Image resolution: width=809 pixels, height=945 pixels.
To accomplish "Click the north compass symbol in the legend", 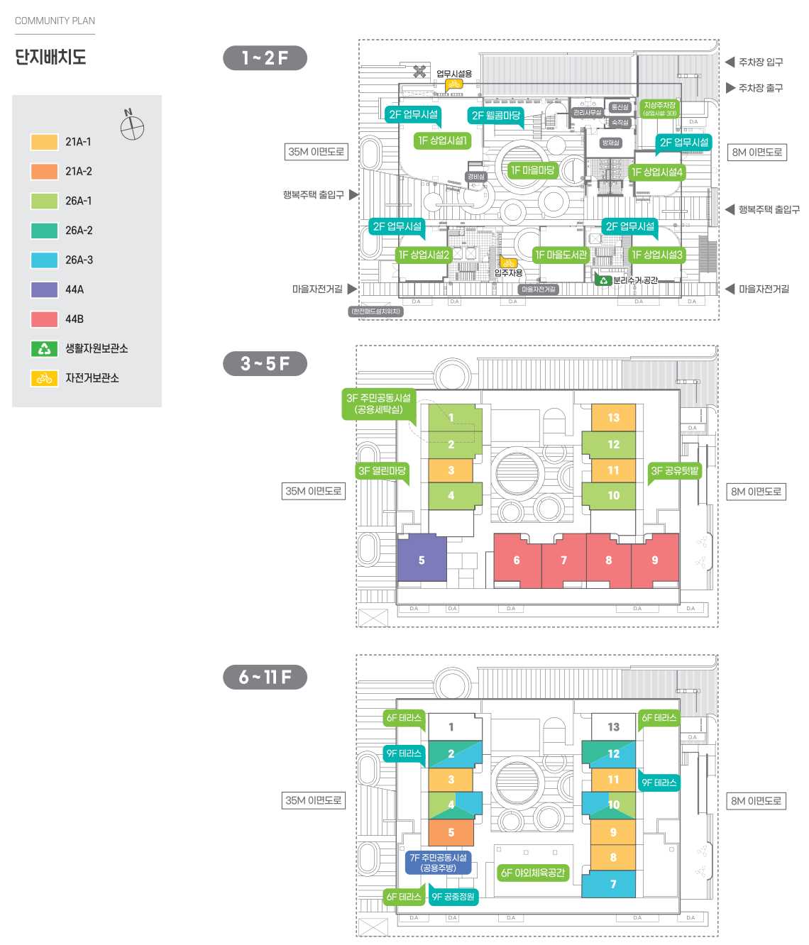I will click(132, 127).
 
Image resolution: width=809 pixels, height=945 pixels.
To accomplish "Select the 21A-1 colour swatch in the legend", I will click(44, 142).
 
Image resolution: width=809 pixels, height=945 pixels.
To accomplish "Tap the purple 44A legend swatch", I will click(44, 289).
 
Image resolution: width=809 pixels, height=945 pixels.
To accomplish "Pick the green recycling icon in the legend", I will click(44, 348).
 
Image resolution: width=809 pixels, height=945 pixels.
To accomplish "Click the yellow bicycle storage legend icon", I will click(44, 378).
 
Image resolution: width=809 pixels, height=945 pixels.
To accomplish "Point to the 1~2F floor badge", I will click(265, 58).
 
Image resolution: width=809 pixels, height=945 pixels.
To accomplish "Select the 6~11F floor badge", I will click(265, 678).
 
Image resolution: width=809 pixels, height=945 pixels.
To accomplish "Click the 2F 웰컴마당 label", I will click(496, 115).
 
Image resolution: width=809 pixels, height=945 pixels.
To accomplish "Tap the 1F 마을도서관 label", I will click(561, 255).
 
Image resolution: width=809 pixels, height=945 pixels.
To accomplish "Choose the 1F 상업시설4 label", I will click(656, 172).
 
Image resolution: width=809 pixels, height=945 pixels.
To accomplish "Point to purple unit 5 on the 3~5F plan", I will click(422, 560).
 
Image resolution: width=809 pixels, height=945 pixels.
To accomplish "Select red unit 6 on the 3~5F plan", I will click(517, 560).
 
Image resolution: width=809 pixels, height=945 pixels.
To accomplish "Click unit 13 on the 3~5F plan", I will click(613, 418).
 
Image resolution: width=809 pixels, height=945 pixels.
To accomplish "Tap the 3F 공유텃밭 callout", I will click(674, 470).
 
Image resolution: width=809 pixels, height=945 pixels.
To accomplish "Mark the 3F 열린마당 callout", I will click(382, 470).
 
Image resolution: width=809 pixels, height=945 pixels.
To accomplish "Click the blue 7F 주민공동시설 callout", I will click(439, 862).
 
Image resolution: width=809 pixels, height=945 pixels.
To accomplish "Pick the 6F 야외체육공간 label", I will click(532, 873).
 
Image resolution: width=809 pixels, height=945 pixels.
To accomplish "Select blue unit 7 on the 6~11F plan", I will click(613, 884).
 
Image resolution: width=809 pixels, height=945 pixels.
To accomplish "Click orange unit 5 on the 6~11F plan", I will click(451, 832).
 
